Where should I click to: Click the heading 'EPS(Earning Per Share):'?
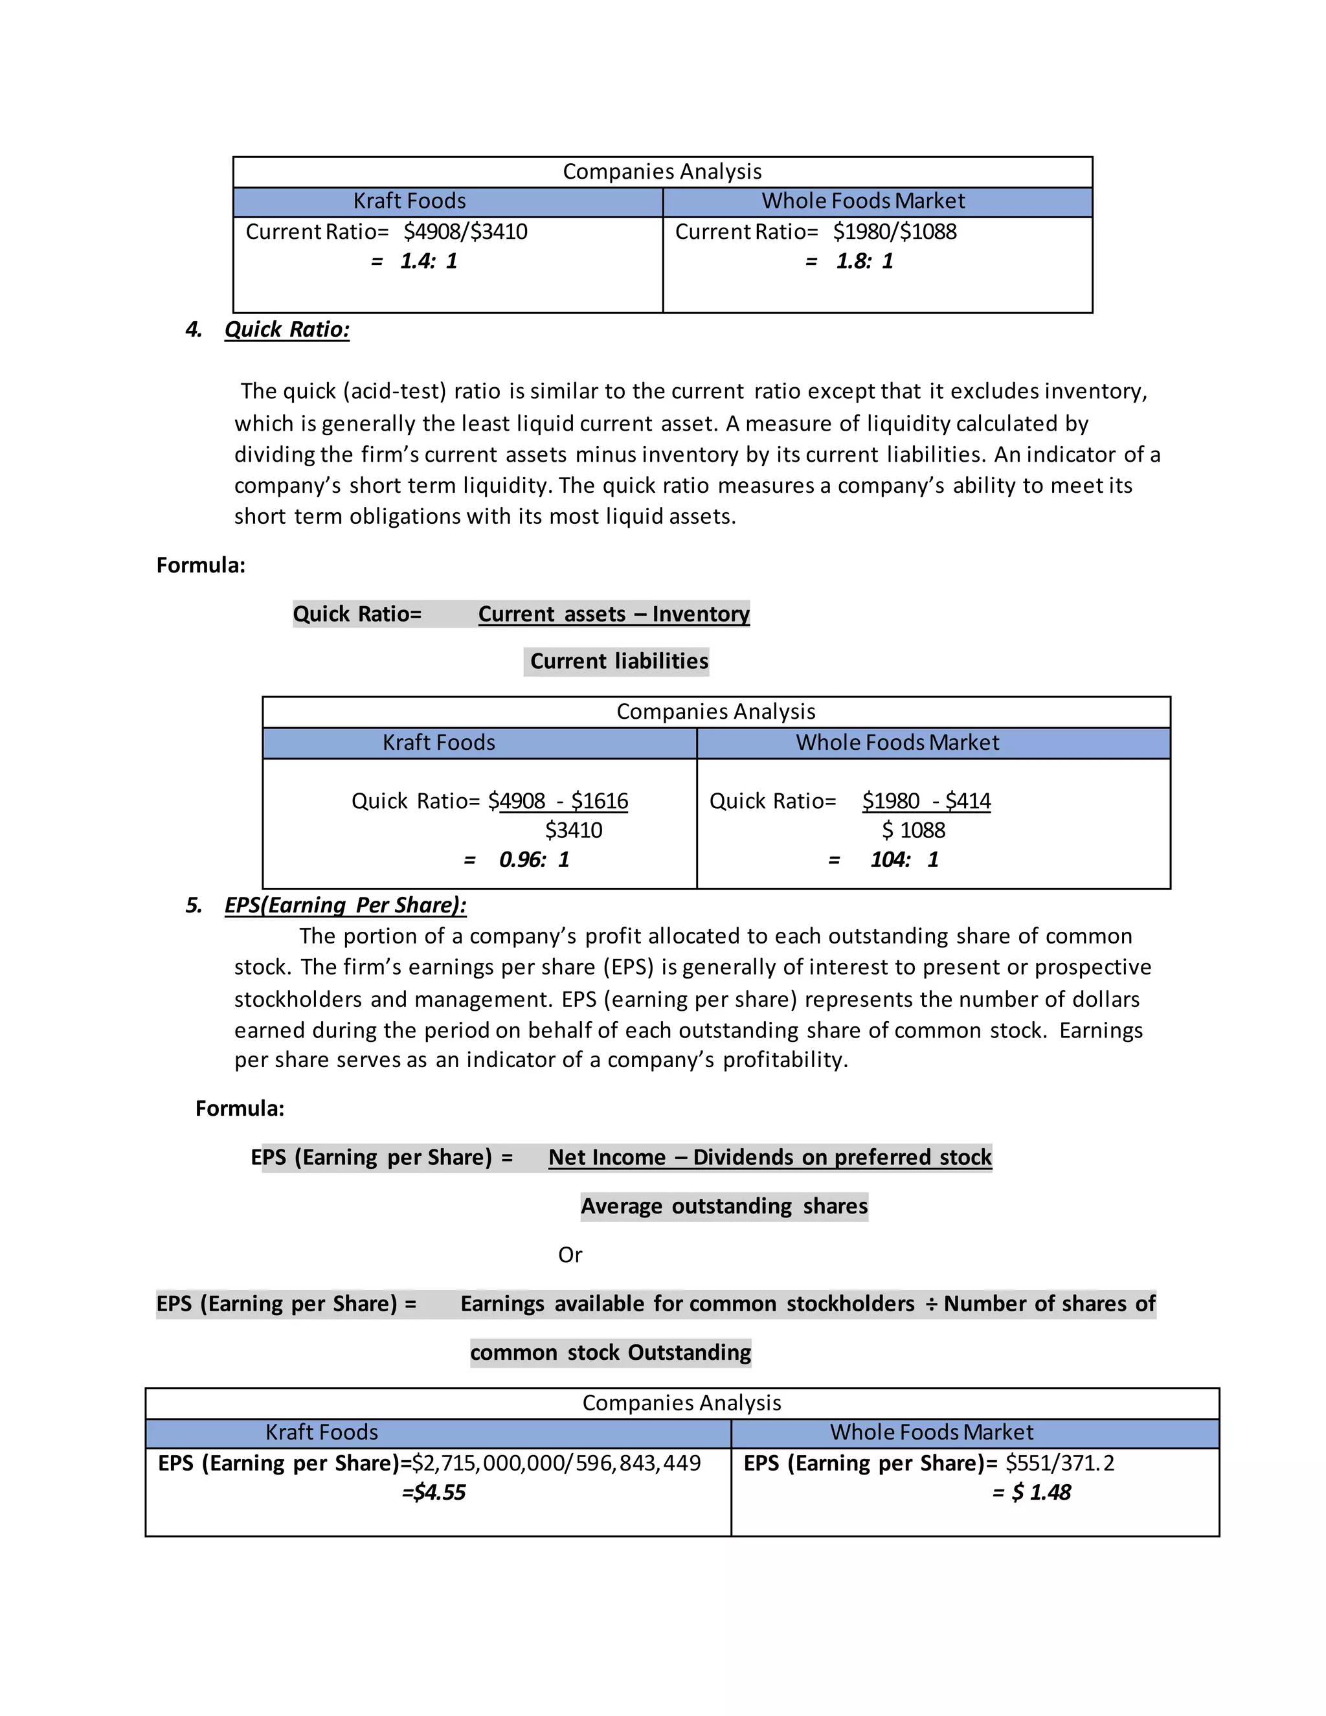click(x=345, y=905)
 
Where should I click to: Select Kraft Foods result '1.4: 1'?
click(x=428, y=261)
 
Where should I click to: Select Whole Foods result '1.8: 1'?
click(x=864, y=261)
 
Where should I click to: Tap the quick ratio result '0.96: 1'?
click(x=534, y=859)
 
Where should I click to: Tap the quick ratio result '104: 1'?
click(x=904, y=859)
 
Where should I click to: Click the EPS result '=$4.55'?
click(x=434, y=1492)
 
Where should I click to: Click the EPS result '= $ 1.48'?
click(x=1031, y=1492)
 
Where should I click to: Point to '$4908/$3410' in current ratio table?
click(x=465, y=232)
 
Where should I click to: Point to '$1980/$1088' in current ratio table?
click(x=895, y=232)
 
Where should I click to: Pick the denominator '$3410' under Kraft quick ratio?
click(x=574, y=831)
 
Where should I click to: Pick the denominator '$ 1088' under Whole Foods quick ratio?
click(x=914, y=831)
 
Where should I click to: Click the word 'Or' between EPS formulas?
click(x=570, y=1255)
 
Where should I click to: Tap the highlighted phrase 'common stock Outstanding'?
click(x=611, y=1352)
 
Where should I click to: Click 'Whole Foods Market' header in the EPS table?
click(x=931, y=1432)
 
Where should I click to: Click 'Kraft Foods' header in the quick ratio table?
click(x=438, y=743)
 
